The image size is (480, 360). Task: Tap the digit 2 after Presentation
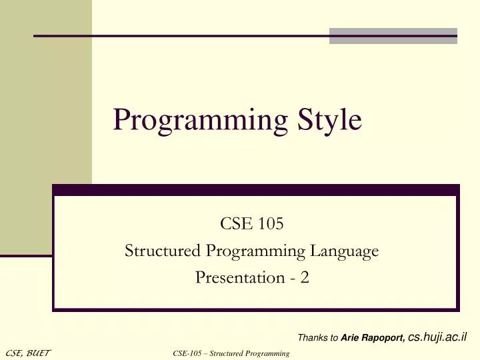(x=305, y=277)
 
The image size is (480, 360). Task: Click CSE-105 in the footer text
(x=186, y=353)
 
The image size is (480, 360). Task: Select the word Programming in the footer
(x=267, y=353)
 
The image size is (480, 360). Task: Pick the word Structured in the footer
(x=227, y=353)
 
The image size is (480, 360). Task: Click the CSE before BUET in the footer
(x=14, y=353)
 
